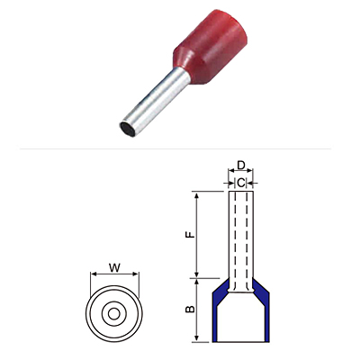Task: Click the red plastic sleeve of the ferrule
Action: click(211, 48)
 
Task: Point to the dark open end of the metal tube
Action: click(128, 130)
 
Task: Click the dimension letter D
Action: click(241, 165)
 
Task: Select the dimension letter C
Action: click(241, 183)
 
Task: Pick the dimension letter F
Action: click(190, 235)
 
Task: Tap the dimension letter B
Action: click(190, 309)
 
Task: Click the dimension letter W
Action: click(114, 267)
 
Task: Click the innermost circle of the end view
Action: click(113, 314)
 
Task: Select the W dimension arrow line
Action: click(114, 274)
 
